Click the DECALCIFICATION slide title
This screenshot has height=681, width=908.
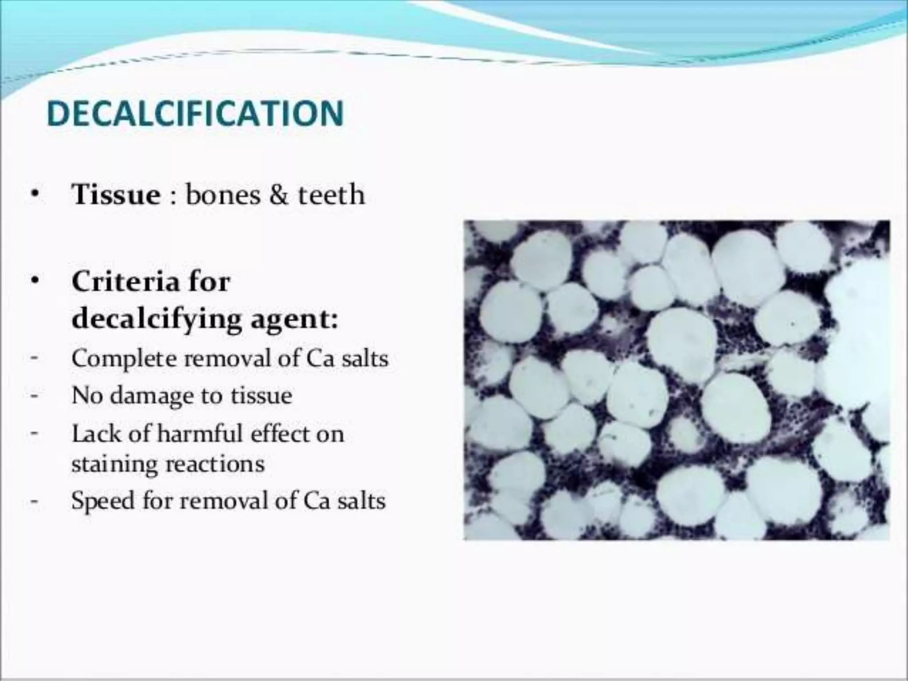click(x=195, y=113)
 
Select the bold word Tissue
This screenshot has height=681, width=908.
click(x=116, y=195)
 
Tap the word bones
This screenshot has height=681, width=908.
click(x=223, y=195)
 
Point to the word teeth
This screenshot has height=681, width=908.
click(x=331, y=195)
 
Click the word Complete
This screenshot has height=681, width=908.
click(x=124, y=359)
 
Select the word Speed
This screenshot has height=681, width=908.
click(x=102, y=501)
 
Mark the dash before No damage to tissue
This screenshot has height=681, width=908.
click(x=34, y=395)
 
